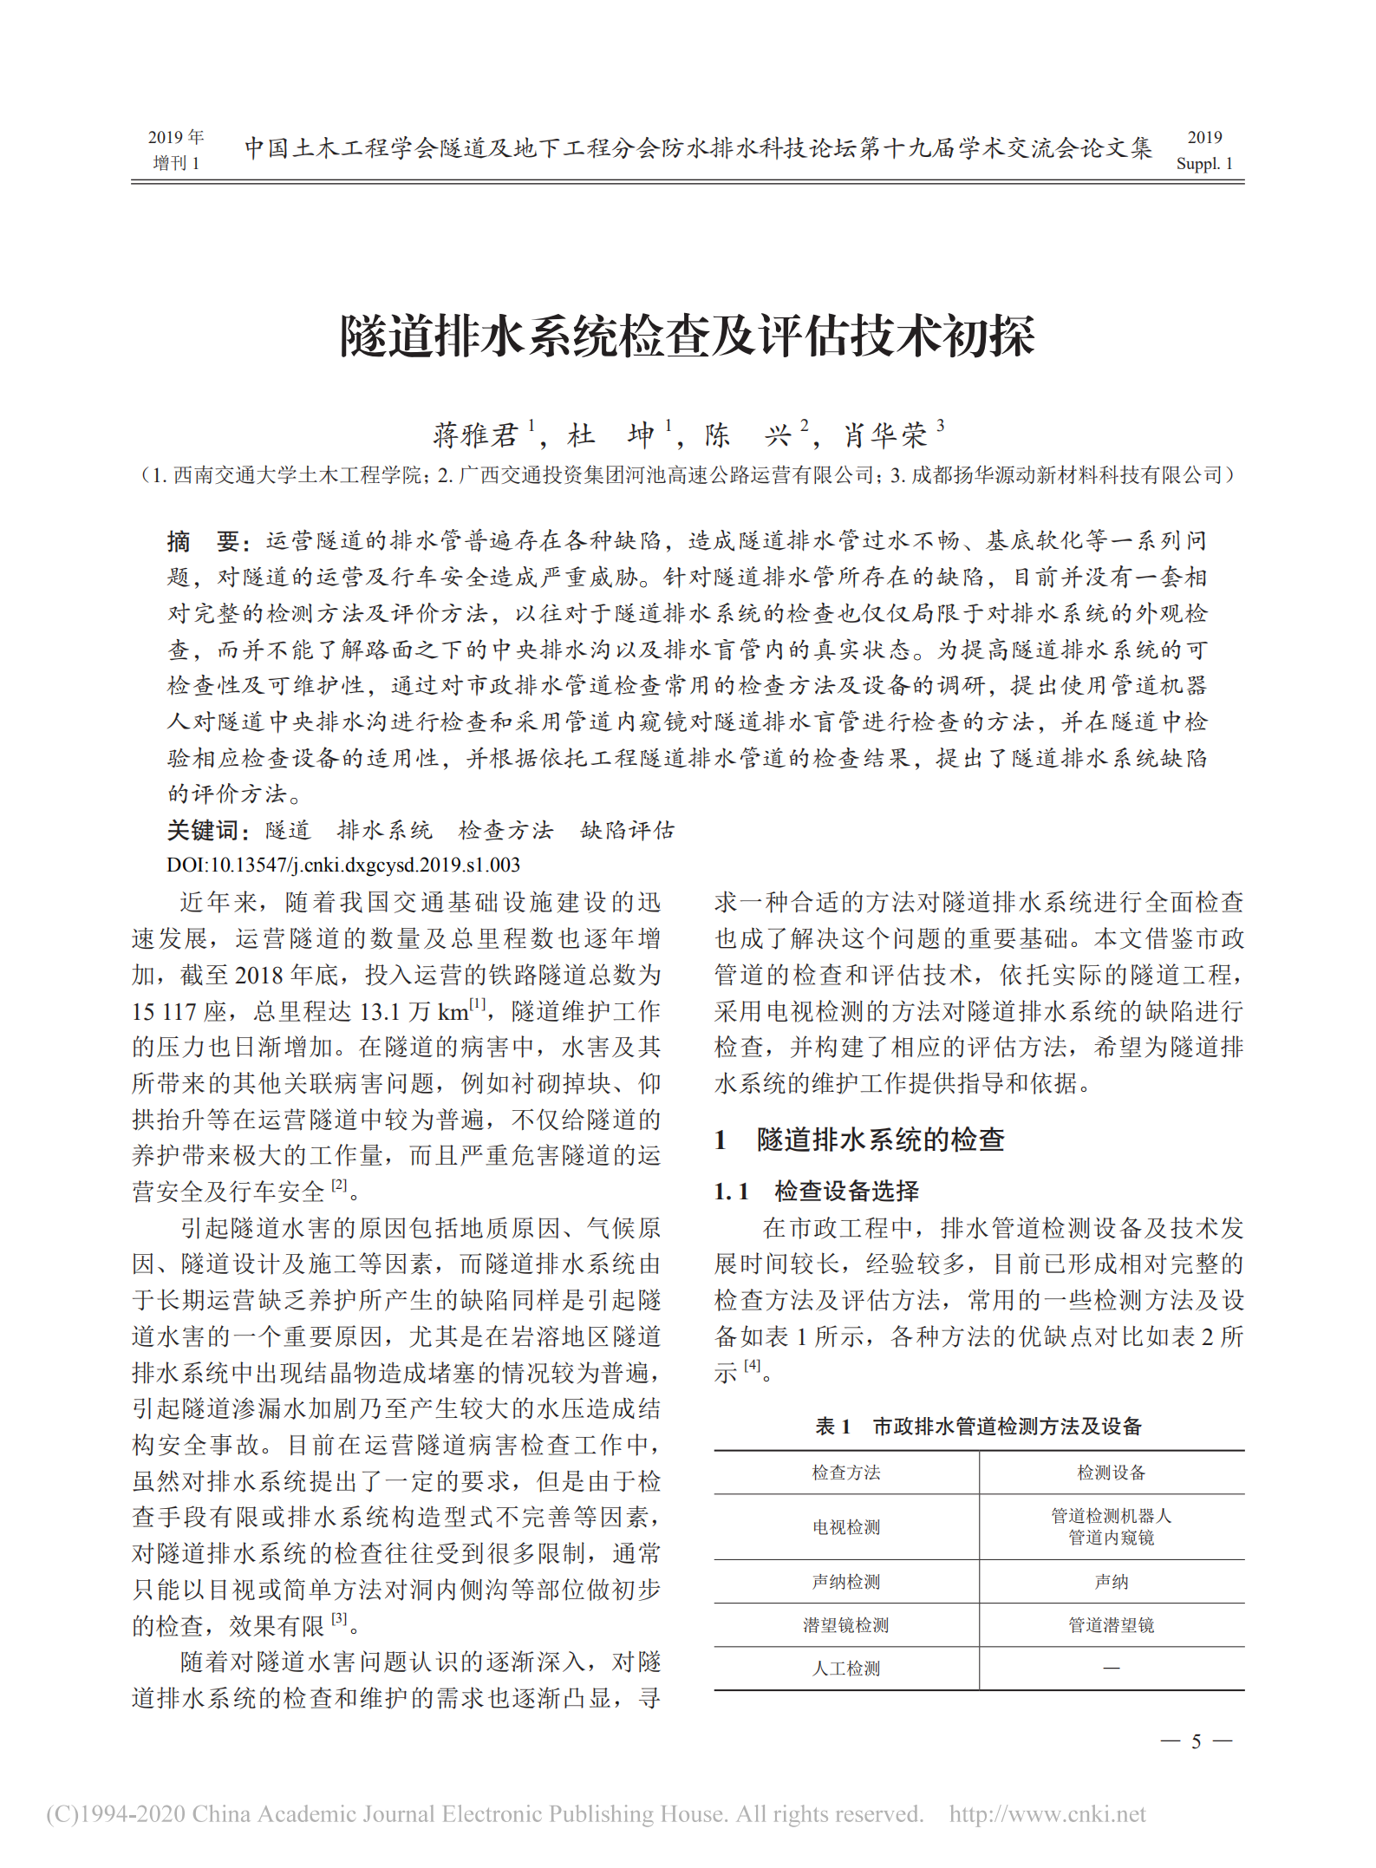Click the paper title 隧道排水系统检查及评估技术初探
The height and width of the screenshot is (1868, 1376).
tap(688, 336)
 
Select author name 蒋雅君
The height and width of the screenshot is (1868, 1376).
tap(475, 434)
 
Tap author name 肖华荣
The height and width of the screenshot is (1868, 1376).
tap(885, 434)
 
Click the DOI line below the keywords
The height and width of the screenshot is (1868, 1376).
tap(343, 865)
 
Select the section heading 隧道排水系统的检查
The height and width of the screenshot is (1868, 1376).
tap(879, 1139)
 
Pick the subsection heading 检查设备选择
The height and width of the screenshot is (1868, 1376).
tap(846, 1191)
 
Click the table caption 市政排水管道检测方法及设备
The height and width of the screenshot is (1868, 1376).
tap(1007, 1426)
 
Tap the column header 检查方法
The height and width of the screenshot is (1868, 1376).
tap(845, 1472)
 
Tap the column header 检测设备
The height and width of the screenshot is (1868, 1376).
tap(1111, 1472)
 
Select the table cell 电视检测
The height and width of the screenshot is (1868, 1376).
tap(845, 1527)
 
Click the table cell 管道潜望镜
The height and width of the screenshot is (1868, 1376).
tap(1111, 1624)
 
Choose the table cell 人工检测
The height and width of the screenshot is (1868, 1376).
tap(845, 1668)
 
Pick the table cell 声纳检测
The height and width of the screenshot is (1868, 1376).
tap(845, 1581)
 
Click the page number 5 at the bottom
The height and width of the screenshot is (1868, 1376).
tap(1196, 1741)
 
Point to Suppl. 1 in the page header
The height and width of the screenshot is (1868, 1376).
tap(1203, 163)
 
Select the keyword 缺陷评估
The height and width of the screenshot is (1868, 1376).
tap(627, 830)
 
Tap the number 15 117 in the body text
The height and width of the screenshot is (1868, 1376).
tap(164, 1011)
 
